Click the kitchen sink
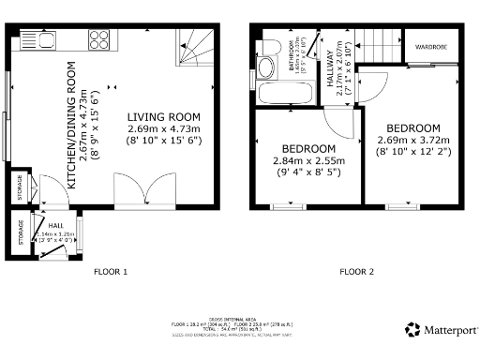tap(39, 41)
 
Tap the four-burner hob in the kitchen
tap(99, 39)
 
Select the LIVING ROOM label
tap(164, 116)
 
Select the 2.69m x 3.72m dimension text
tap(412, 140)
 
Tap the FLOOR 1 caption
tap(110, 272)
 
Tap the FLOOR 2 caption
tap(356, 272)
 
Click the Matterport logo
tap(441, 329)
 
